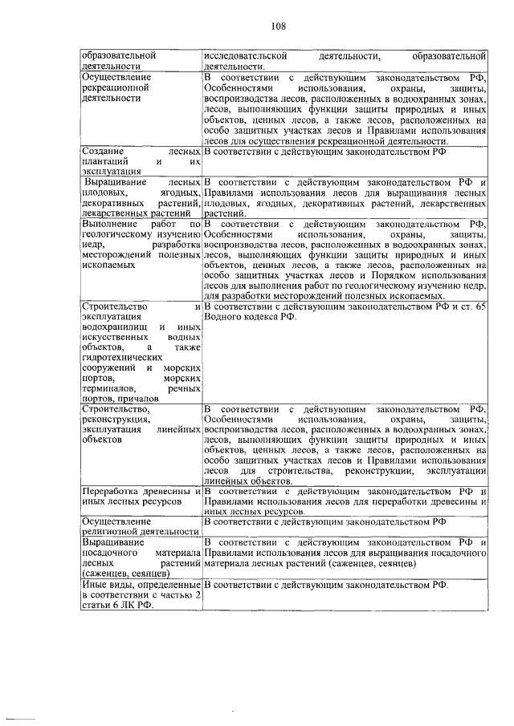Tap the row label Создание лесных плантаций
[141, 160]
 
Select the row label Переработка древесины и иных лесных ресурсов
[141, 496]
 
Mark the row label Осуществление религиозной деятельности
[141, 526]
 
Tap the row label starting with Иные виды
[141, 595]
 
